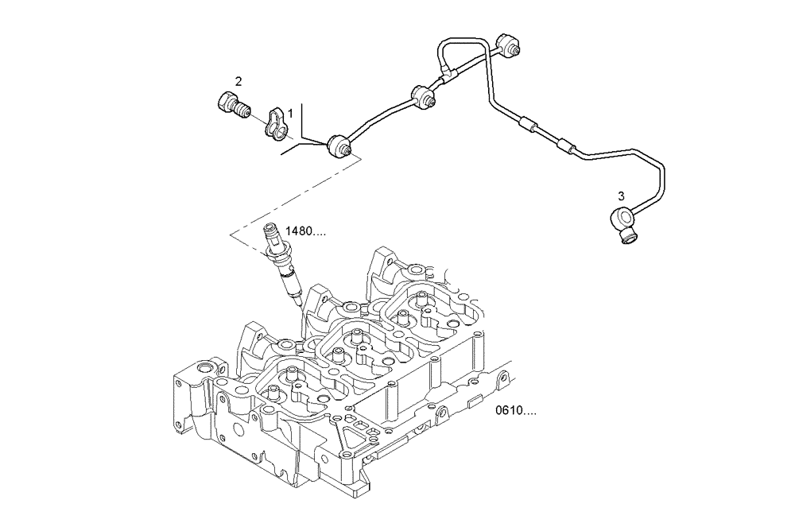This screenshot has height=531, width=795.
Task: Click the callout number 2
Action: pos(238,81)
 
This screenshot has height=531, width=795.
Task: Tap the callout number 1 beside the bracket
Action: pos(290,114)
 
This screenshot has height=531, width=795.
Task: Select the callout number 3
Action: pos(621,195)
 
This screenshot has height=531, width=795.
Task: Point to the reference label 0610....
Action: pos(516,411)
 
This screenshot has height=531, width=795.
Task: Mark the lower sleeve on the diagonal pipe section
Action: pos(566,145)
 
